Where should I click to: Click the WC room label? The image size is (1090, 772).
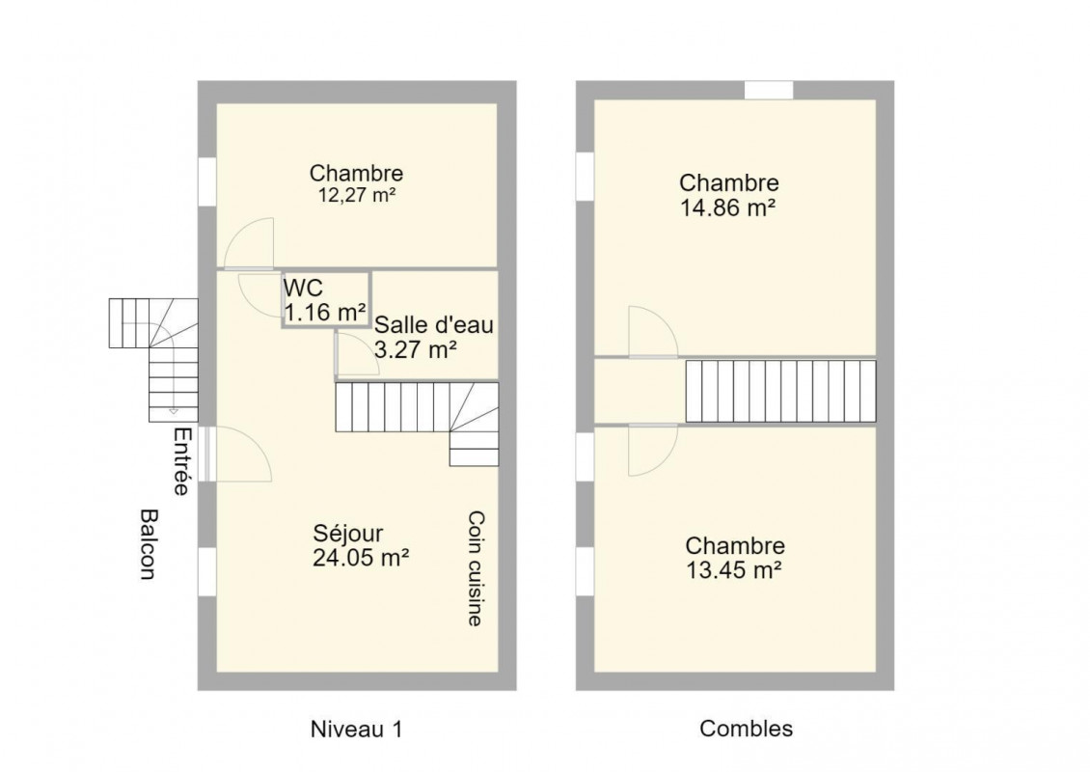[303, 288]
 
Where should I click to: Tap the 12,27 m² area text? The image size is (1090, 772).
[357, 196]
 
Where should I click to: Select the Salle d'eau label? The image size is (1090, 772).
[434, 325]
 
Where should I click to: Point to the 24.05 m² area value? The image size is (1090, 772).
[360, 558]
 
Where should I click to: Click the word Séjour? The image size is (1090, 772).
[347, 534]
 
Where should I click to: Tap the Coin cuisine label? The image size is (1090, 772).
[476, 569]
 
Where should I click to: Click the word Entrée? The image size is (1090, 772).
[181, 461]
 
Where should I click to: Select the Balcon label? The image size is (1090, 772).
[149, 544]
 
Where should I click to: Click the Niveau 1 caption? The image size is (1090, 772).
[356, 730]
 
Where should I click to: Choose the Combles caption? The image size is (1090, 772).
[746, 729]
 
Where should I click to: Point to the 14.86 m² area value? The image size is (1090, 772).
[728, 207]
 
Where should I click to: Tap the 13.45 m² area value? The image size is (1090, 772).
[734, 570]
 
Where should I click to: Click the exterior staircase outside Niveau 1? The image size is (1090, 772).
[153, 360]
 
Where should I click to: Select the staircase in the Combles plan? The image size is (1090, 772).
[780, 392]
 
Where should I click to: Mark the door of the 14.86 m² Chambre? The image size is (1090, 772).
[653, 333]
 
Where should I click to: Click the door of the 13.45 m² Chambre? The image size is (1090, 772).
[653, 450]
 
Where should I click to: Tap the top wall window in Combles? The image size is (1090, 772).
[769, 91]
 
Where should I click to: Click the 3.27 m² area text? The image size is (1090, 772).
[416, 349]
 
